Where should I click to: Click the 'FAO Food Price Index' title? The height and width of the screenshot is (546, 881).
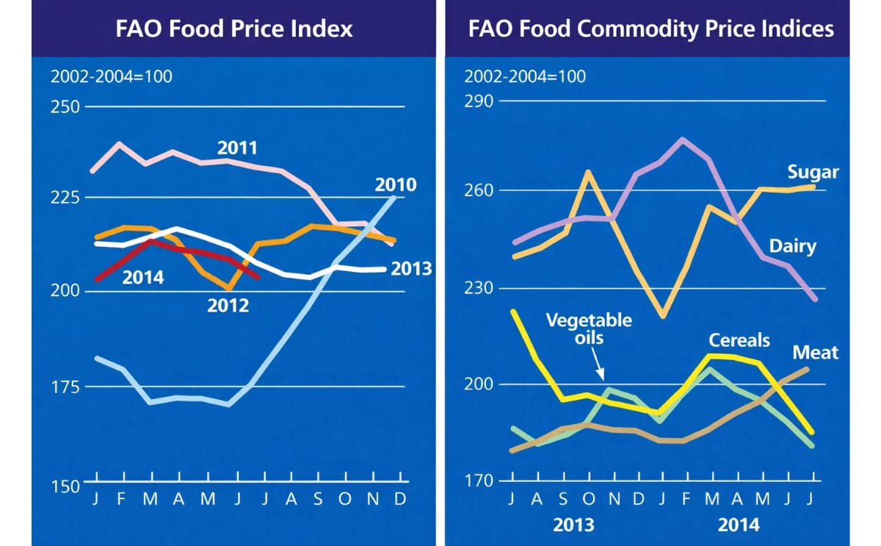coord(234,29)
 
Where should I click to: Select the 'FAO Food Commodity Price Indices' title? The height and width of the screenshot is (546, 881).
coord(650,29)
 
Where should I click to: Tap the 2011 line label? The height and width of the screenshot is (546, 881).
coord(237,148)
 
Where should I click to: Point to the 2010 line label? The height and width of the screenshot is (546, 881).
coord(396,184)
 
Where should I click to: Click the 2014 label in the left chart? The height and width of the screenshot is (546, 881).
coord(142,278)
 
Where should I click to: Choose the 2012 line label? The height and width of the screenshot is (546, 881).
coord(228,305)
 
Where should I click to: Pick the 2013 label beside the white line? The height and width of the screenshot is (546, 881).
coord(410,269)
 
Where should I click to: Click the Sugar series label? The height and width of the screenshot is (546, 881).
coord(813,173)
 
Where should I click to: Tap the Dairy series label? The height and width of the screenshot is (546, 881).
coord(792,246)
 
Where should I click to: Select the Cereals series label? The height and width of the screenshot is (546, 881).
coord(739,340)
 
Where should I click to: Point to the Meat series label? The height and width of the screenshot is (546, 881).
coord(815,353)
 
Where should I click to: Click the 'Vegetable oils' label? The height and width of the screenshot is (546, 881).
coord(588,329)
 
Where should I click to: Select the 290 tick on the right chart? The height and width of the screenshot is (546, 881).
coord(479,101)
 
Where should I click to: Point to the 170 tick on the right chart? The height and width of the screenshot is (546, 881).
coord(479,481)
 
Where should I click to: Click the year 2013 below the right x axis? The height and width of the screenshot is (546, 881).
coord(573,525)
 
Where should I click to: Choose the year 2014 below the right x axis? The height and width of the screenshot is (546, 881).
coord(738,525)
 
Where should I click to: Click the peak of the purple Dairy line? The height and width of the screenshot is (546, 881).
coord(682,139)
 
